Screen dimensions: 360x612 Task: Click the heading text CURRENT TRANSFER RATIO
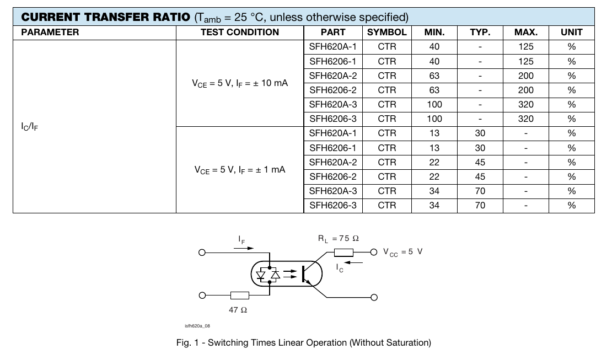(x=105, y=17)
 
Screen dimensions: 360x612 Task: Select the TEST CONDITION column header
(x=240, y=32)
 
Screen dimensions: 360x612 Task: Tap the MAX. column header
(x=525, y=32)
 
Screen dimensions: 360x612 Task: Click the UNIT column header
(x=571, y=32)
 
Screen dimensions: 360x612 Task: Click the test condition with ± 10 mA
(x=240, y=83)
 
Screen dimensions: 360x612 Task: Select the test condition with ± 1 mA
(x=240, y=170)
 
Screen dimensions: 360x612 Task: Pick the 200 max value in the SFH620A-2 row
(x=525, y=76)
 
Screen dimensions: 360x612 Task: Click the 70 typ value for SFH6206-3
(x=480, y=205)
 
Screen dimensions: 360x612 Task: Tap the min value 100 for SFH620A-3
(x=434, y=104)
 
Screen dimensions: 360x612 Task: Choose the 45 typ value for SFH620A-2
(x=480, y=162)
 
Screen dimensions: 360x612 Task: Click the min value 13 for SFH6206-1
(x=434, y=148)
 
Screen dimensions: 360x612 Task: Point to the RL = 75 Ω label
(x=338, y=238)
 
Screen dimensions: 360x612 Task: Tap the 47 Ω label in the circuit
(x=238, y=310)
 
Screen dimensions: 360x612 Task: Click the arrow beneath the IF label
(x=243, y=248)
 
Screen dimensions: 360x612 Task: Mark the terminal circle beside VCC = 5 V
(x=374, y=252)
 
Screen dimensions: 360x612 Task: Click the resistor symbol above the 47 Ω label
(x=239, y=296)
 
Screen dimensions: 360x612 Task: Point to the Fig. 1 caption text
(x=303, y=342)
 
